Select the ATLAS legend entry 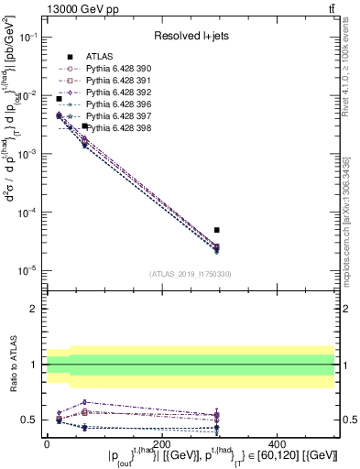pyautogui.click(x=92, y=56)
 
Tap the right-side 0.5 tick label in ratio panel pyautogui.click(x=349, y=420)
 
